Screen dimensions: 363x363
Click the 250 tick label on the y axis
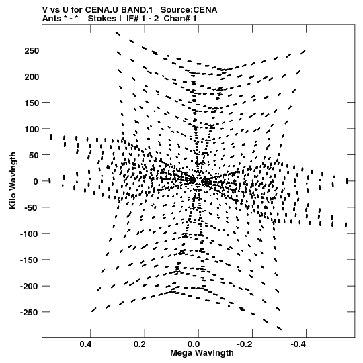pyautogui.click(x=32, y=50)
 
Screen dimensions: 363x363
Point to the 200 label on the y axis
pyautogui.click(x=32, y=76)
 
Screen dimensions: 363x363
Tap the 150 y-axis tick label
pyautogui.click(x=32, y=103)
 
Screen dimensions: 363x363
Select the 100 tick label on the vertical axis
pyautogui.click(x=32, y=129)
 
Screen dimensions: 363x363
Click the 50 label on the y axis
pyautogui.click(x=34, y=155)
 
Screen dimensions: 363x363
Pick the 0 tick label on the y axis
pyautogui.click(x=36, y=181)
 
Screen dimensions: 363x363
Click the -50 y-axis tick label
pyautogui.click(x=32, y=207)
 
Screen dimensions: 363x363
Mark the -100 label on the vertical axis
pyautogui.click(x=30, y=234)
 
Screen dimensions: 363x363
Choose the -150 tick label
pyautogui.click(x=30, y=260)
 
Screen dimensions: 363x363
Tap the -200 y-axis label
pyautogui.click(x=30, y=286)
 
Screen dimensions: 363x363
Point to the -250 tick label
pyautogui.click(x=30, y=312)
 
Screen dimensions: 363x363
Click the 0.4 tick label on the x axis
pyautogui.click(x=86, y=344)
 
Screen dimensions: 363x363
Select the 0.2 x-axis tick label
pyautogui.click(x=140, y=344)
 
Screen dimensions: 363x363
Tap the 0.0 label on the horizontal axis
pyautogui.click(x=194, y=344)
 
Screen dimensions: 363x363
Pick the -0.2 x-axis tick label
pyautogui.click(x=245, y=344)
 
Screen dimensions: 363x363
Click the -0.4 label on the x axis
pyautogui.click(x=299, y=344)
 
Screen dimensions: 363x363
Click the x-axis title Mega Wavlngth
pyautogui.click(x=202, y=353)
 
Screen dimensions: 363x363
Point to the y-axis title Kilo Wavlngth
pyautogui.click(x=13, y=180)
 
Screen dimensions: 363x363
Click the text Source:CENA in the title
pyautogui.click(x=189, y=10)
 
